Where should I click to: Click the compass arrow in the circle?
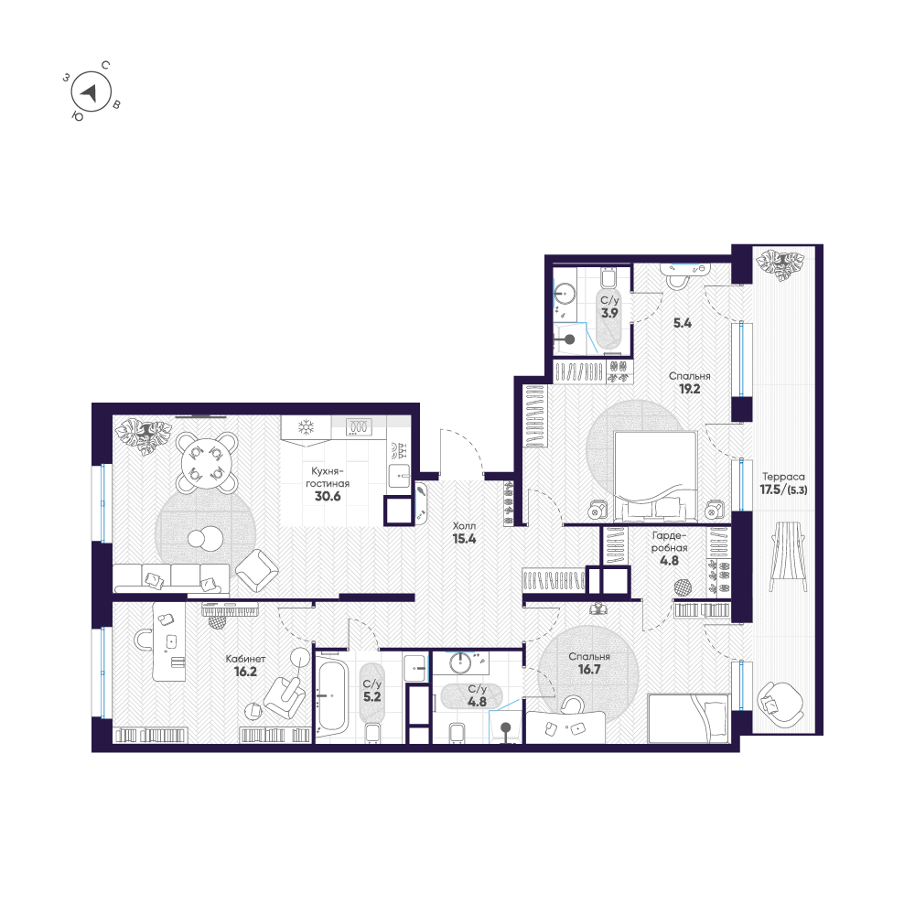(x=90, y=92)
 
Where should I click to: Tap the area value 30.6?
(x=328, y=497)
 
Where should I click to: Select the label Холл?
(x=464, y=526)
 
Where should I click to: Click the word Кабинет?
(x=245, y=659)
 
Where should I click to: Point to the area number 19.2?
(x=689, y=389)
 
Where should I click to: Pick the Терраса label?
(x=783, y=477)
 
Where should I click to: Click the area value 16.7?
(x=589, y=670)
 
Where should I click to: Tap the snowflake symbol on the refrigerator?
(x=306, y=426)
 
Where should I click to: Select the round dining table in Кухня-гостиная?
(x=206, y=462)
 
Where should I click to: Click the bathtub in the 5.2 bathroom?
(x=331, y=696)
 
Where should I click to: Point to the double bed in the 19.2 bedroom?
(x=655, y=476)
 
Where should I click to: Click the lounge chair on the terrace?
(x=788, y=556)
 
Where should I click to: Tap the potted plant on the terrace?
(x=780, y=265)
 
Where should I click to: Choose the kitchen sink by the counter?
(x=401, y=476)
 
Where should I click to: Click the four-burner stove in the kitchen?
(x=359, y=427)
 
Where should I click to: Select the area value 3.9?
(x=609, y=313)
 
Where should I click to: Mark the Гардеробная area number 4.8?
(x=670, y=561)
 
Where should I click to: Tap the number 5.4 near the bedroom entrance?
(x=683, y=323)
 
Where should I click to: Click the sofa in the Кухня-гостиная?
(x=172, y=577)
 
